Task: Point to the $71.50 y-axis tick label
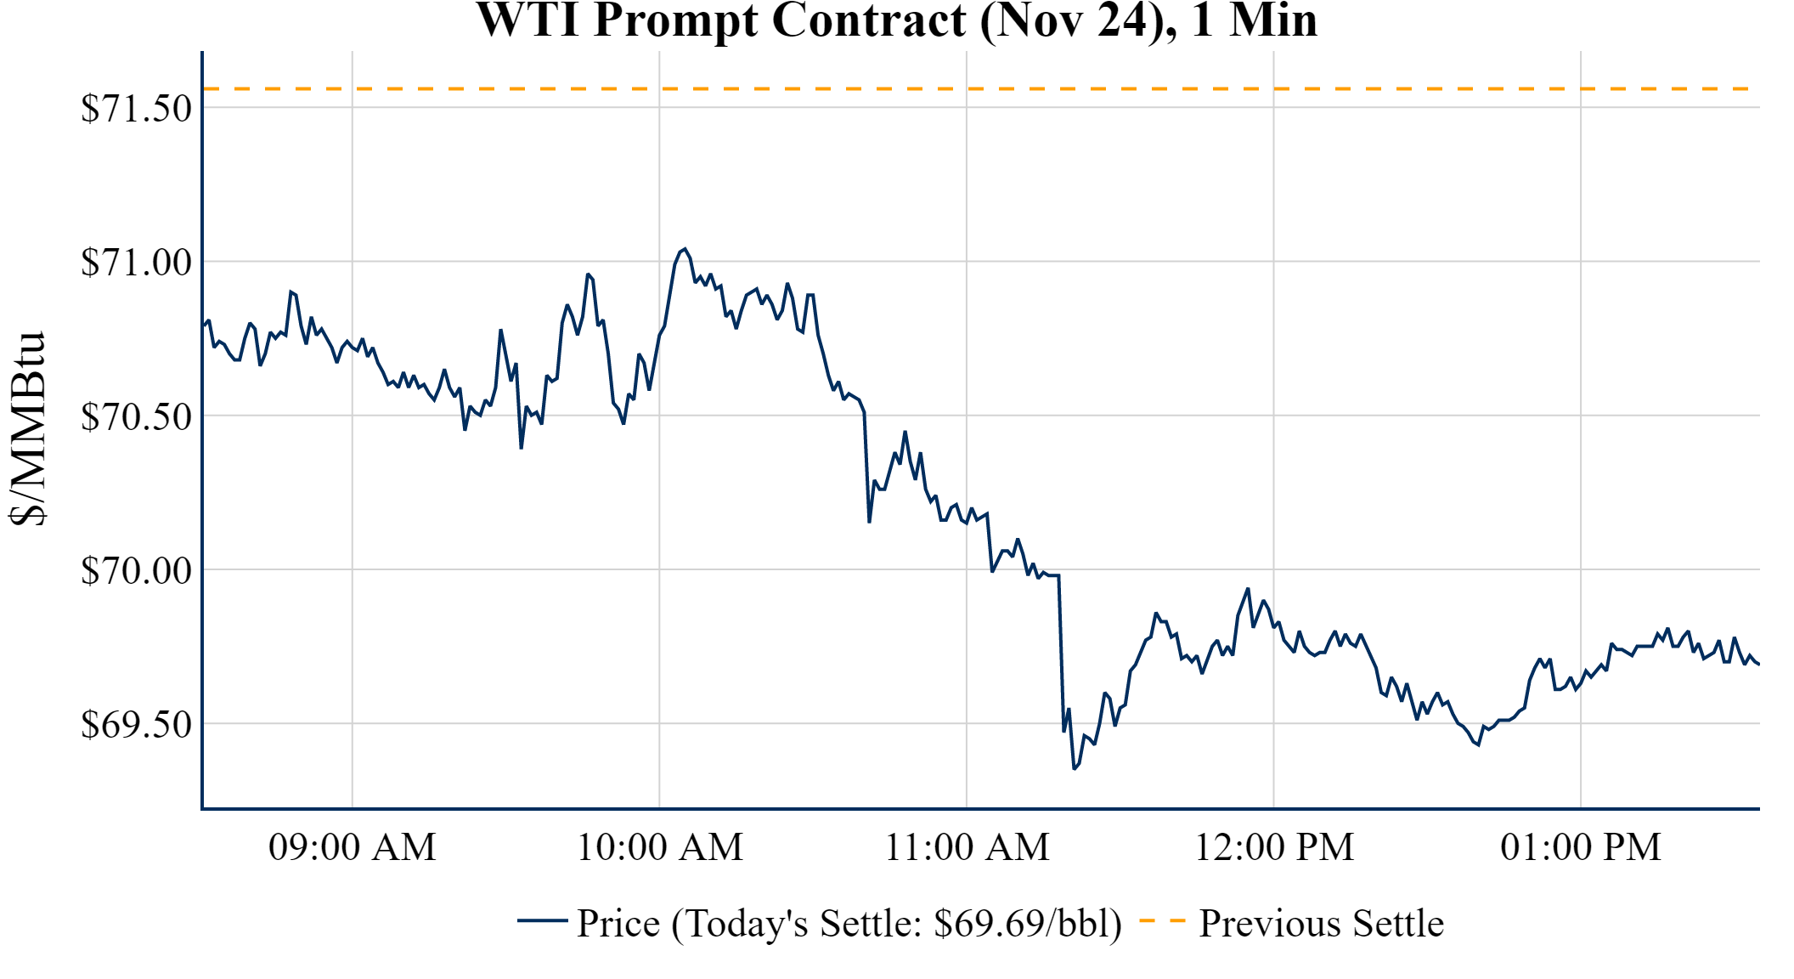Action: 136,109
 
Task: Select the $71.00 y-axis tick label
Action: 136,263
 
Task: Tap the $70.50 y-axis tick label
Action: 136,416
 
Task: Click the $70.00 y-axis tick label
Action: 136,570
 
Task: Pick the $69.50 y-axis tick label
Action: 136,724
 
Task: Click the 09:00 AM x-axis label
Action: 353,847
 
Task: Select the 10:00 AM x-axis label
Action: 660,847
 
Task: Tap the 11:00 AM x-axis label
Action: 967,847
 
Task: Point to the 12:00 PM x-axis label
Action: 1274,847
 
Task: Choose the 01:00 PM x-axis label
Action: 1581,847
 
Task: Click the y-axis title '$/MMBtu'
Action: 27,429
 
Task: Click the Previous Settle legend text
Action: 1321,924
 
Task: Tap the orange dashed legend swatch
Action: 1162,921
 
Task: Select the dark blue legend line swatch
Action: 542,920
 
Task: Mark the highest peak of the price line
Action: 684,249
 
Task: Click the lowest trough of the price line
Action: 1075,768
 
